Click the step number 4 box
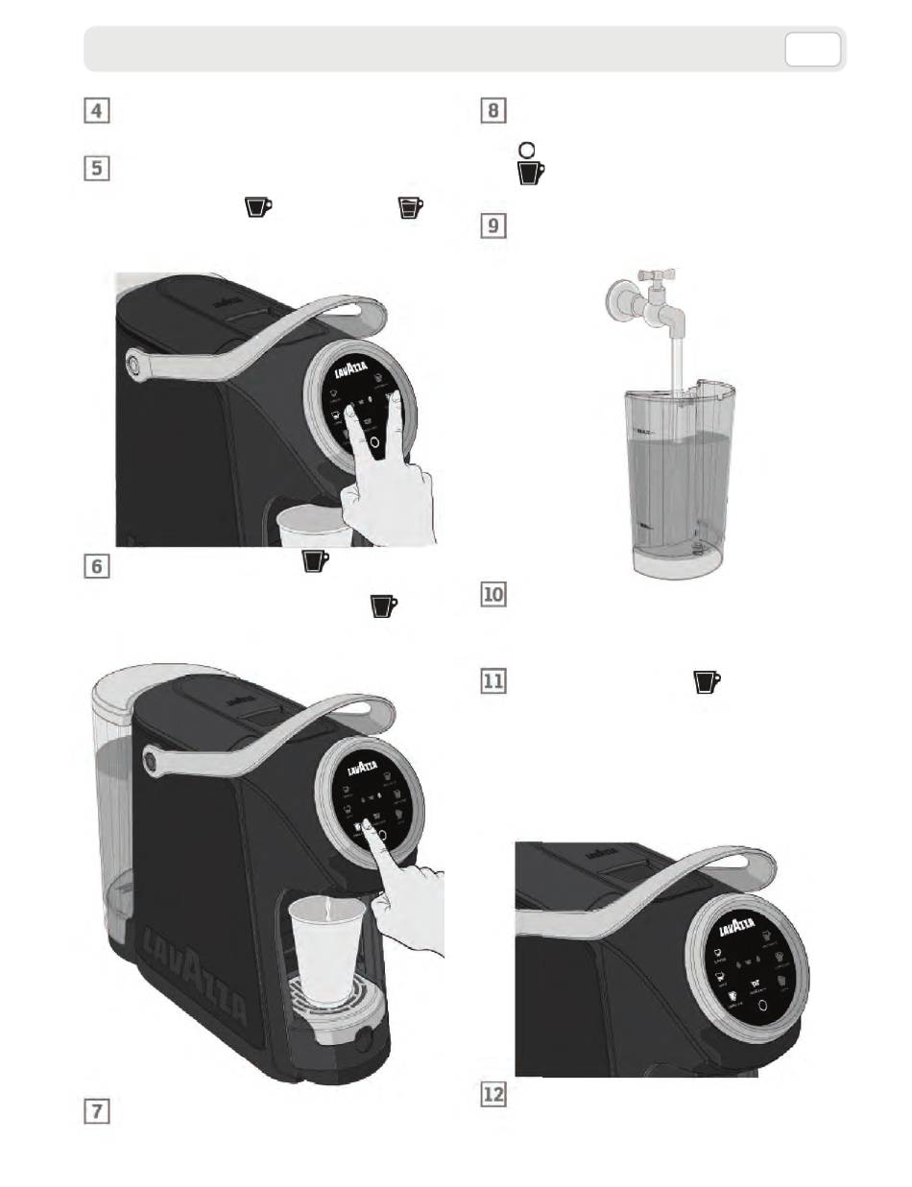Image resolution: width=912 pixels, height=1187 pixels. coord(94,110)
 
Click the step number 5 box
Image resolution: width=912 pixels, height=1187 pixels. coord(94,169)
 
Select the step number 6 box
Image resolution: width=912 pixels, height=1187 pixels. coord(94,566)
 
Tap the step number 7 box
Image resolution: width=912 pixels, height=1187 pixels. coord(94,1112)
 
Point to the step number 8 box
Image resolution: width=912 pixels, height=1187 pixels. coord(491,110)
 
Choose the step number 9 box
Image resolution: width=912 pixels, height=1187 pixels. coord(491,226)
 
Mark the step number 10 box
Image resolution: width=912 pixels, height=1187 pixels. coord(492,595)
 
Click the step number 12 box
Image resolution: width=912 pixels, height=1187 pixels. coord(492,1093)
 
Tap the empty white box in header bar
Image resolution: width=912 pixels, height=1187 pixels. coord(812,50)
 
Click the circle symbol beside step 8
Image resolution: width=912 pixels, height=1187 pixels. coord(526,151)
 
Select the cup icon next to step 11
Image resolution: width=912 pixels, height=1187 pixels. coord(707,681)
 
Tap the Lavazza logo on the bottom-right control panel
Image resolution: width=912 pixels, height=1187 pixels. coord(743,928)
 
